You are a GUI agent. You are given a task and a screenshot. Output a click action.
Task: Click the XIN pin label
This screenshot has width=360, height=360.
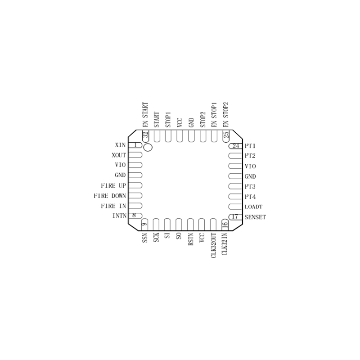coord(120,145)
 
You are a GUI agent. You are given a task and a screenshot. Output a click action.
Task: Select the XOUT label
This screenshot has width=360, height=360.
coord(119,155)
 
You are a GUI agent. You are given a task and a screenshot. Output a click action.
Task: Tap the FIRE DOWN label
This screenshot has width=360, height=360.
coord(110,196)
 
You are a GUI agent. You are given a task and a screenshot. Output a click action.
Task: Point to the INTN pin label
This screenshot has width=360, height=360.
coord(119,216)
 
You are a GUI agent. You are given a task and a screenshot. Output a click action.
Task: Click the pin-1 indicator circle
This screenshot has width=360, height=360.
coord(148,147)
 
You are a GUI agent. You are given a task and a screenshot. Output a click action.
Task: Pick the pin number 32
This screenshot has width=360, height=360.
coord(145,135)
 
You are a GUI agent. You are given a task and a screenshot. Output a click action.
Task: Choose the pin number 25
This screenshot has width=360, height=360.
coord(226,135)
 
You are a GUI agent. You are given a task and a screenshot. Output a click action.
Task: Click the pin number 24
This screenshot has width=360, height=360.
coord(236,146)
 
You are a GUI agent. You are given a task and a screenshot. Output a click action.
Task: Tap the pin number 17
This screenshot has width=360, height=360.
coord(235,217)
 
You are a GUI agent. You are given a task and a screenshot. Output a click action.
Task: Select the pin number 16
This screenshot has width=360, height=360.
coord(225,225)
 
